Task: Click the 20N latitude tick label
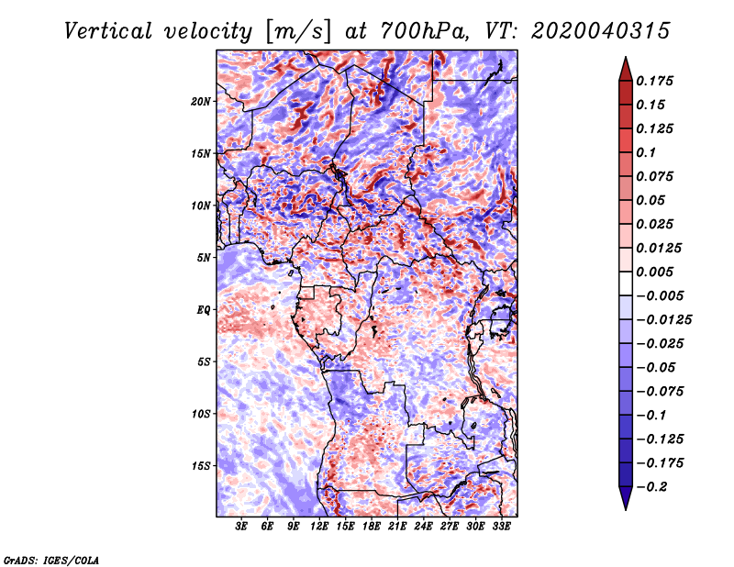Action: [200, 102]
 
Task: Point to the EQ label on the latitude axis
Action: [203, 310]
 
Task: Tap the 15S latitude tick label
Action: [200, 466]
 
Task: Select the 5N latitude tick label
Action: [204, 258]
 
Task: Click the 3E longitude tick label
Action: [240, 527]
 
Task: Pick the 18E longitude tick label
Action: [372, 527]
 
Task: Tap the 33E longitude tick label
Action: [501, 527]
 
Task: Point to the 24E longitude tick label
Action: [423, 527]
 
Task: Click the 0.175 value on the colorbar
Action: [654, 81]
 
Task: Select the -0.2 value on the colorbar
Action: [651, 487]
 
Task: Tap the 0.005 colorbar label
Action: [654, 272]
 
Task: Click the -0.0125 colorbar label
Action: [663, 320]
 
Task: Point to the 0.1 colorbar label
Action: [646, 152]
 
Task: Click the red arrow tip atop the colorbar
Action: [626, 58]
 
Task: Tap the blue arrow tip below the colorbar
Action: [626, 508]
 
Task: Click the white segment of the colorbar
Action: [626, 283]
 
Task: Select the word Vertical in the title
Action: [108, 31]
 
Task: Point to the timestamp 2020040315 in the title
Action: [601, 31]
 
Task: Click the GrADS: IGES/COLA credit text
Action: [51, 560]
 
